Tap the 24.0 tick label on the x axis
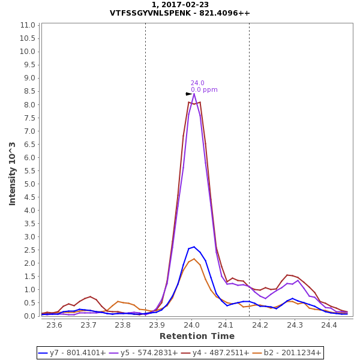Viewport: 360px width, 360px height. [x=191, y=325]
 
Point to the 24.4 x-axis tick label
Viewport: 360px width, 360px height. [x=329, y=325]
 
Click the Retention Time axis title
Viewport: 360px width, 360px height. [x=197, y=336]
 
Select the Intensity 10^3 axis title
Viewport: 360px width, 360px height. [x=13, y=173]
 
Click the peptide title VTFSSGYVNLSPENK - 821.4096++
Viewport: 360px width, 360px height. [x=180, y=13]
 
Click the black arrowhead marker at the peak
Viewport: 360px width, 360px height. [x=189, y=94]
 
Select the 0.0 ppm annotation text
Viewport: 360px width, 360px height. [x=204, y=90]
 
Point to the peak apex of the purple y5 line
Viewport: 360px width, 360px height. [x=194, y=94]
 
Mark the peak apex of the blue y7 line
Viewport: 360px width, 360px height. [x=194, y=247]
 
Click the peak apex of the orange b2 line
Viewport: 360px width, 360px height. [x=194, y=259]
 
